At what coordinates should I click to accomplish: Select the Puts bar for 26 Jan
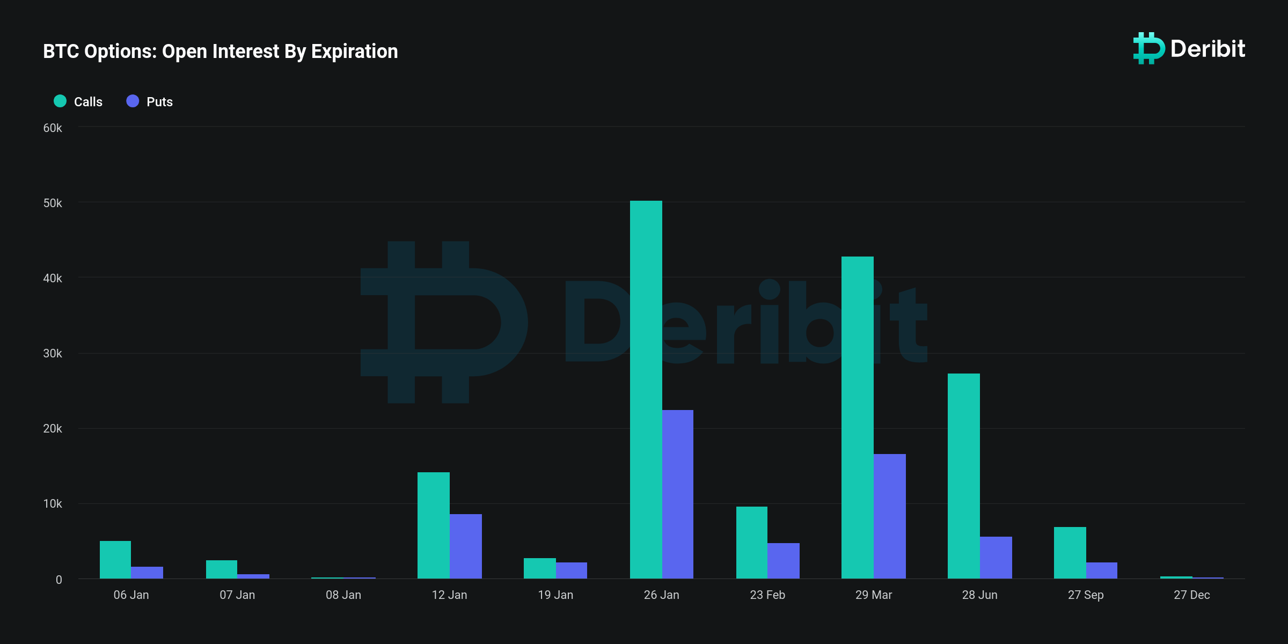coord(678,494)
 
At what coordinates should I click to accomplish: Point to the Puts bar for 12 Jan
coord(466,546)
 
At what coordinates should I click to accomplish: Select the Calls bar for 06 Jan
coord(115,560)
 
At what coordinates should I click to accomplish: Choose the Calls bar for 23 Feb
coord(752,543)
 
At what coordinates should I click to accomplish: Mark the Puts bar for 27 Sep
coord(1102,570)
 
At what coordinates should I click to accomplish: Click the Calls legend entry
coord(78,101)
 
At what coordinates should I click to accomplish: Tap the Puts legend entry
coord(150,101)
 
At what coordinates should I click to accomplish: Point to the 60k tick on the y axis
coord(53,128)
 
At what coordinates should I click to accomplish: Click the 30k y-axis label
coord(53,354)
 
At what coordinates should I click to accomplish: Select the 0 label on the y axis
coord(59,580)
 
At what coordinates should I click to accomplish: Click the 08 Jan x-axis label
coord(343,595)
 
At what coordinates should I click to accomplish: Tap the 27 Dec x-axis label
coord(1192,595)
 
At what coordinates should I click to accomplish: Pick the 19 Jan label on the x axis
coord(555,595)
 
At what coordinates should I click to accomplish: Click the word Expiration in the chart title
coord(355,52)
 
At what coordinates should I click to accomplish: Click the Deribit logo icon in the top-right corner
coord(1148,48)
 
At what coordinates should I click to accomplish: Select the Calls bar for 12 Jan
coord(434,525)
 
